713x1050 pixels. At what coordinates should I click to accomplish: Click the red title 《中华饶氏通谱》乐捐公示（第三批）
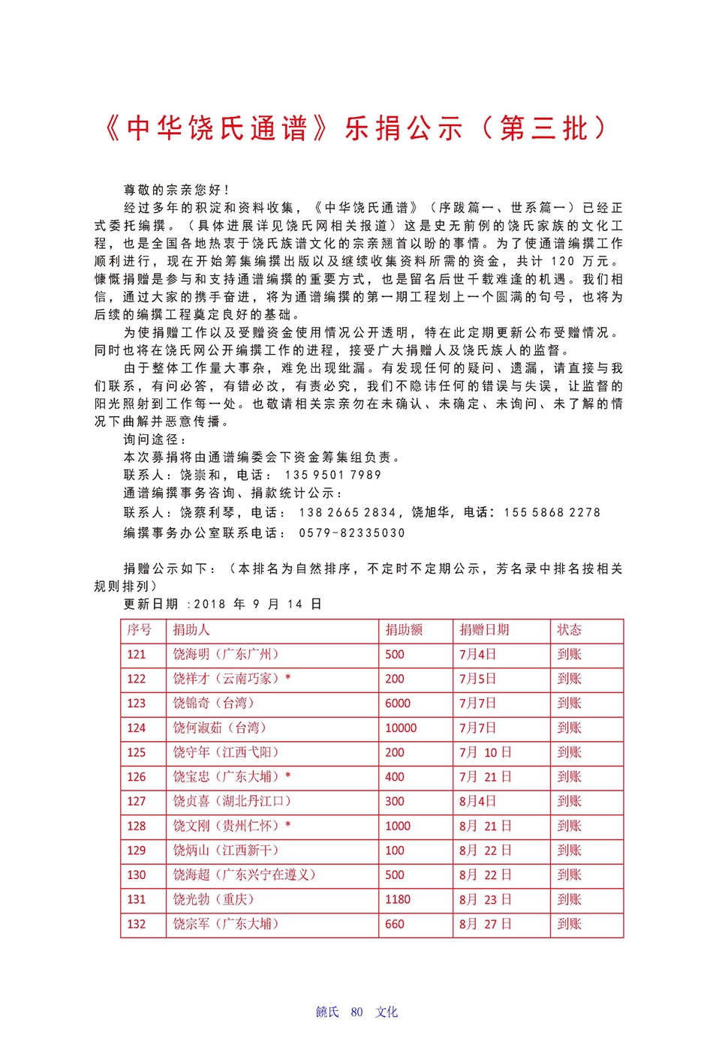(x=356, y=128)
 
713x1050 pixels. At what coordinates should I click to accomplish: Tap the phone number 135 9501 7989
(x=332, y=475)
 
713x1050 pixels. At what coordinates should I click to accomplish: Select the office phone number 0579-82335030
(x=351, y=532)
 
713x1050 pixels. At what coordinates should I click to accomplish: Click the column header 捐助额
(x=404, y=630)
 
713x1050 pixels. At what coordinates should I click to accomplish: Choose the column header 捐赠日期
(x=484, y=630)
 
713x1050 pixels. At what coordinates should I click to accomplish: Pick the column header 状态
(x=569, y=630)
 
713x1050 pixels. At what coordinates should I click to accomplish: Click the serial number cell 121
(x=137, y=654)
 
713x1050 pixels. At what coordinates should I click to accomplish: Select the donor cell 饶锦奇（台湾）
(x=214, y=703)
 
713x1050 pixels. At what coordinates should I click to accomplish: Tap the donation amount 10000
(x=401, y=727)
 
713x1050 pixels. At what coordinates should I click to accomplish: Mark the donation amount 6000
(x=398, y=703)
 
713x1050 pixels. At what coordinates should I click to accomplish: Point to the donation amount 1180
(x=398, y=899)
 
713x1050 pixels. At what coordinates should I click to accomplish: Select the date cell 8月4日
(x=477, y=801)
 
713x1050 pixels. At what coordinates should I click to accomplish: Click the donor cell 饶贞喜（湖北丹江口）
(x=232, y=801)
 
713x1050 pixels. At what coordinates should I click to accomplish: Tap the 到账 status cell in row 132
(x=569, y=924)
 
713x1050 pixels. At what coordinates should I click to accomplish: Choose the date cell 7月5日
(x=477, y=679)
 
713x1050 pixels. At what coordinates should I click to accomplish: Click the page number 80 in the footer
(x=356, y=1012)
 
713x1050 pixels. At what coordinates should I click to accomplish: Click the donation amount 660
(x=395, y=924)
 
